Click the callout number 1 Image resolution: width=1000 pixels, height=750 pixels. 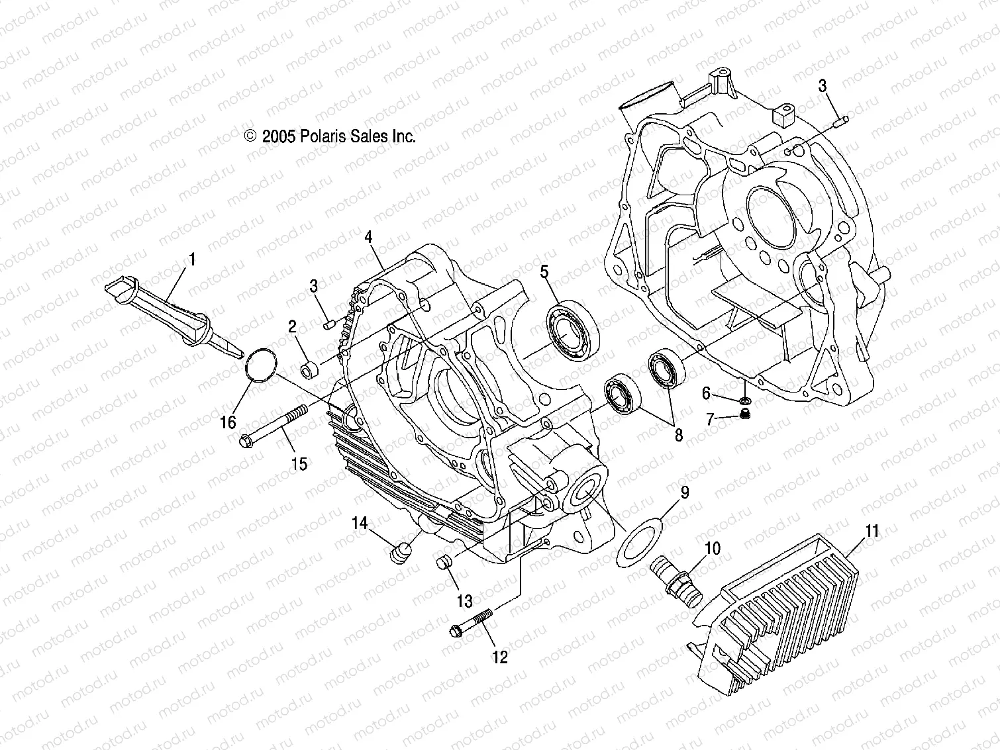pos(192,260)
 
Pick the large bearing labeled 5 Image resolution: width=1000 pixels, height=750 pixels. pos(572,330)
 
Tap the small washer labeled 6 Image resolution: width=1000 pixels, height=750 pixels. pos(744,400)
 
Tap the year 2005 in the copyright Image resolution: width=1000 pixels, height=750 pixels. pos(279,137)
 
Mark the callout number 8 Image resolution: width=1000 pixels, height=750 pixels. pos(678,436)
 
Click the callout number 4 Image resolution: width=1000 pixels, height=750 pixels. pos(368,236)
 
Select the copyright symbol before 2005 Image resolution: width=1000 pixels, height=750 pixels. pos(250,136)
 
